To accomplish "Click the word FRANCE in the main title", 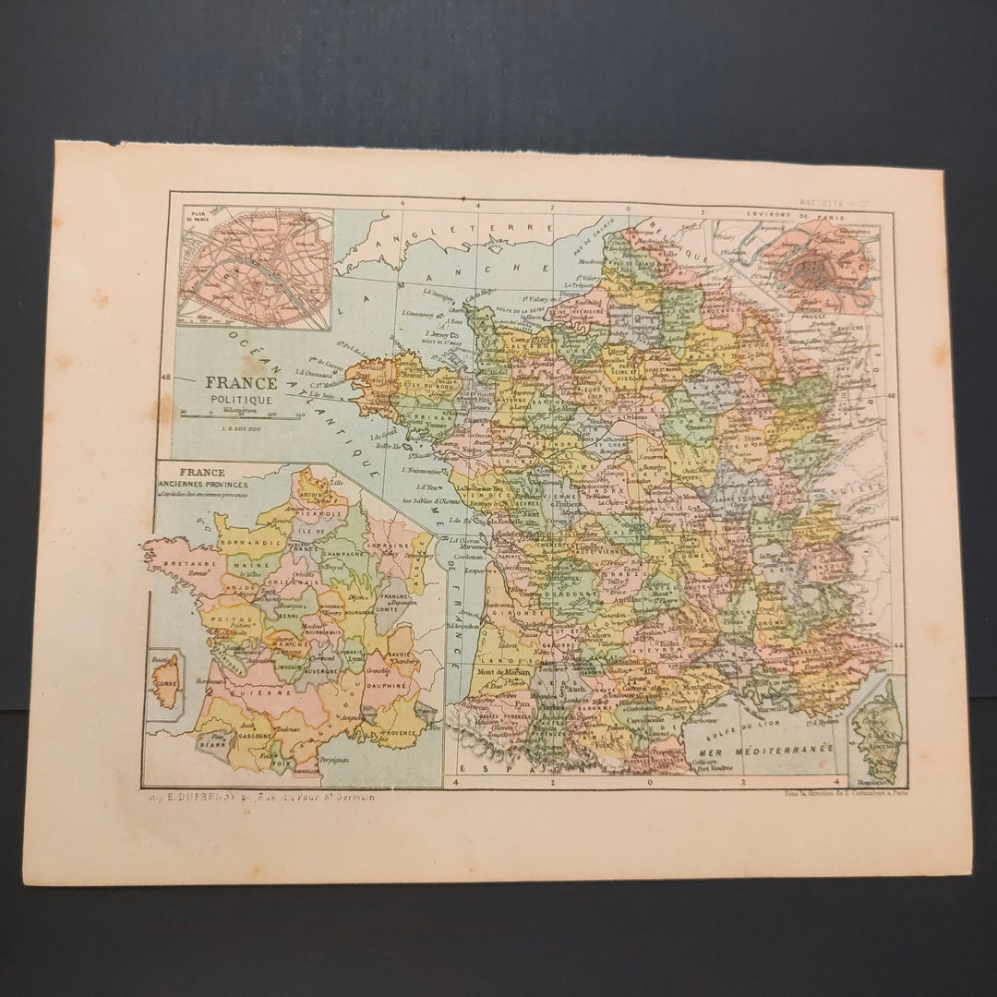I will (241, 382).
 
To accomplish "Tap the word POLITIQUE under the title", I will (241, 399).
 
